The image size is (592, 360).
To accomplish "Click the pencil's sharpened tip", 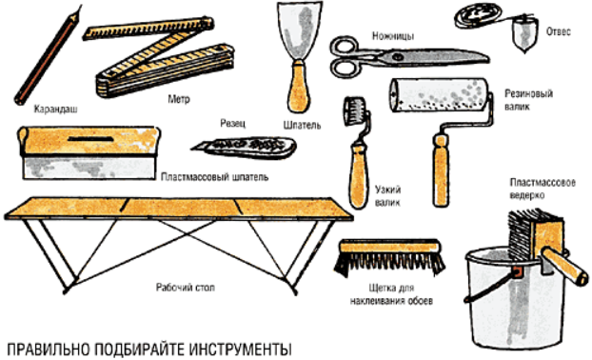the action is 79,7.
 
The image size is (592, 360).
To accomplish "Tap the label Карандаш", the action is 56,110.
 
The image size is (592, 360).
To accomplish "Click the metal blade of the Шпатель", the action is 300,31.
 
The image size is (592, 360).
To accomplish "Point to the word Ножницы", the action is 393,36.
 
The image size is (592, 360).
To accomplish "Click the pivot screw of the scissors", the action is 397,56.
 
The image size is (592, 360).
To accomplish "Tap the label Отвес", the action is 559,31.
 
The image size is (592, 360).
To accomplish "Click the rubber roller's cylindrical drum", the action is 439,95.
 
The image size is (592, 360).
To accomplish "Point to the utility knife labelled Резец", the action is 245,147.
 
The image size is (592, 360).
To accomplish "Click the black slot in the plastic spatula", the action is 90,139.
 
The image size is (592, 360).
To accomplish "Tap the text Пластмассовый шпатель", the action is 214,177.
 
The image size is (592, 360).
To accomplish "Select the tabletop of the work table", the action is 179,208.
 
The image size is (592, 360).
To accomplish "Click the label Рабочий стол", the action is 186,288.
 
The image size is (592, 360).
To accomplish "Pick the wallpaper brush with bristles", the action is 390,256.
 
